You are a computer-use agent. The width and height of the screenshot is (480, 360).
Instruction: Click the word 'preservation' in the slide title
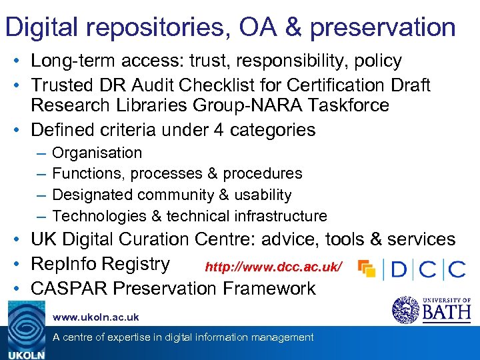tap(383, 28)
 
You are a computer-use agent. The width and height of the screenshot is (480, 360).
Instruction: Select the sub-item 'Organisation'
tap(97, 153)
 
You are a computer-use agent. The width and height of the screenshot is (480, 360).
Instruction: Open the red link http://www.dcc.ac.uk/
tap(273, 267)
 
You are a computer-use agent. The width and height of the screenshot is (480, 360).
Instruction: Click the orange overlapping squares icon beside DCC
tap(367, 268)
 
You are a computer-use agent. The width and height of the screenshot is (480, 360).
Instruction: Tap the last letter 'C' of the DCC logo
tap(457, 269)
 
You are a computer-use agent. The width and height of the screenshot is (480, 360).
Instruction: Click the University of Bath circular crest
tap(404, 310)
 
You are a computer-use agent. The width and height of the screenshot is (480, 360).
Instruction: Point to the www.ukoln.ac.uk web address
tap(96, 317)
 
